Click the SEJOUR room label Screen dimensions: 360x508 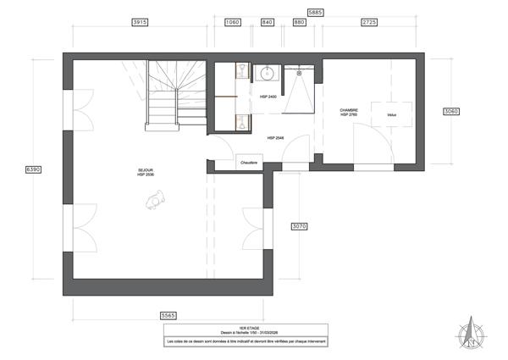(x=146, y=171)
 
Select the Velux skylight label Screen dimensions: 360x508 (x=391, y=115)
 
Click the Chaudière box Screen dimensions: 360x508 (x=249, y=161)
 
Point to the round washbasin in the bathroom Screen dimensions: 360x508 (x=266, y=73)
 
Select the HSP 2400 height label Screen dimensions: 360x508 (x=268, y=97)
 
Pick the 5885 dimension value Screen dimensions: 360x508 (x=315, y=13)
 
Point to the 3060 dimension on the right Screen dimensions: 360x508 (x=451, y=111)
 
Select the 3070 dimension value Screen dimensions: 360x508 (x=298, y=226)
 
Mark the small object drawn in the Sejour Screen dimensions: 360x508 (x=155, y=200)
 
